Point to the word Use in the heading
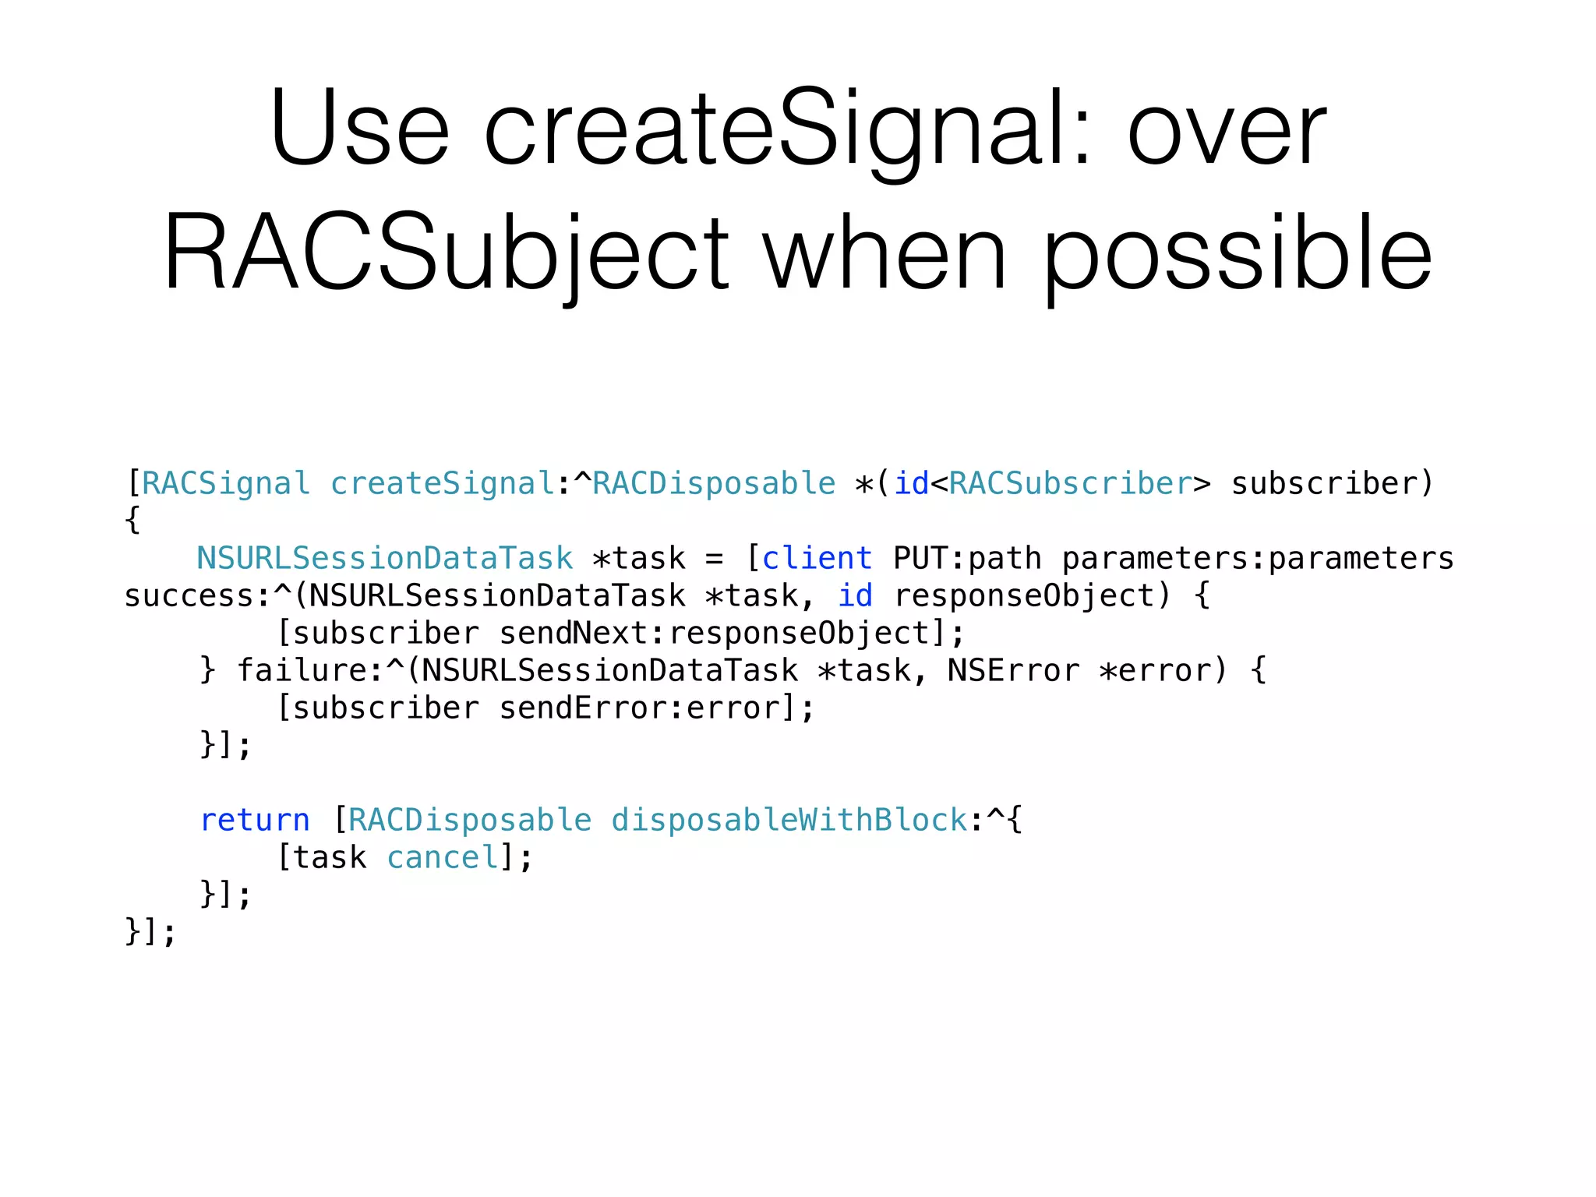point(359,129)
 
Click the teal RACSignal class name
point(226,484)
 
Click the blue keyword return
point(255,821)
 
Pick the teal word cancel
point(443,858)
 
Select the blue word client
point(817,559)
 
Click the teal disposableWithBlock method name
point(789,821)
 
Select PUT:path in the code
point(967,559)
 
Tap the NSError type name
point(1014,671)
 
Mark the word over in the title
point(1227,129)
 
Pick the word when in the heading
point(885,254)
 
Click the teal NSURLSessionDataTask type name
point(385,559)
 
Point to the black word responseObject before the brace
point(1024,596)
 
